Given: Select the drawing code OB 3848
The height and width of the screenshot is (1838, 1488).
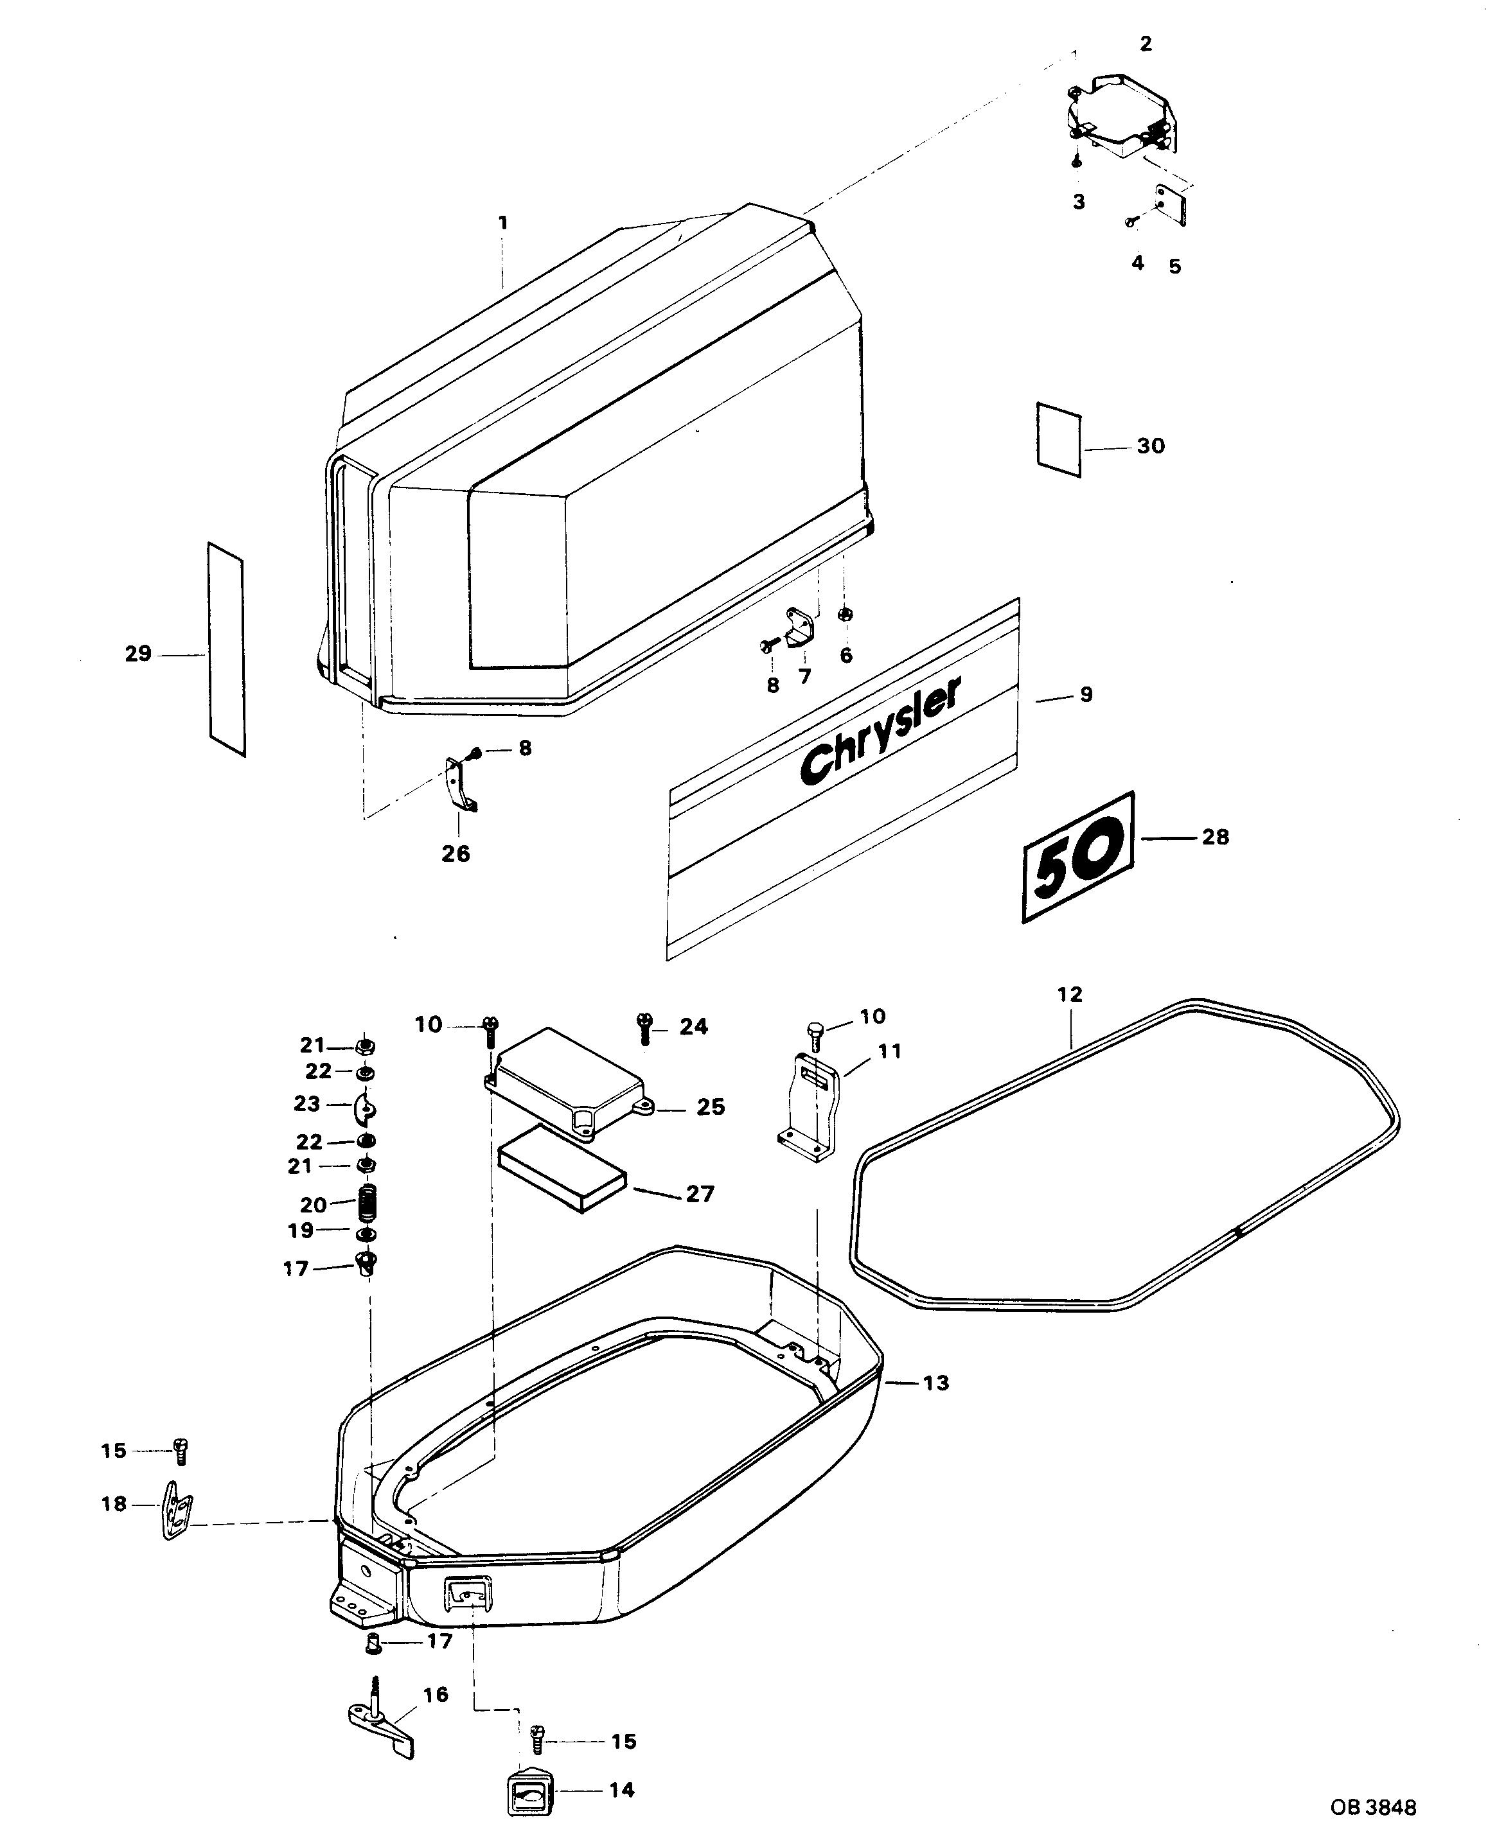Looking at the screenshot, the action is tap(1373, 1807).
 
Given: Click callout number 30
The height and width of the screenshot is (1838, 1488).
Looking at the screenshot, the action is tap(1150, 446).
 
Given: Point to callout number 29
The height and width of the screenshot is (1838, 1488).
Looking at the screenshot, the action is tap(138, 654).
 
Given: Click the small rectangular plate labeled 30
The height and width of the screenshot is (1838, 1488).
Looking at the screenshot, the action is tap(1059, 439).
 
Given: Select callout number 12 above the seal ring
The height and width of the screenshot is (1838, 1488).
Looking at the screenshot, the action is tap(1070, 994).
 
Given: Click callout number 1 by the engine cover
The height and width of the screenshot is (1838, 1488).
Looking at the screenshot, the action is tap(503, 223).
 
